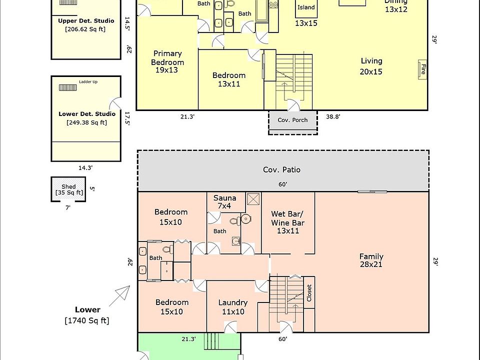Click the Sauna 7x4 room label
click(225, 202)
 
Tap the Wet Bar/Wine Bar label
click(287, 222)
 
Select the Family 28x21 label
click(371, 260)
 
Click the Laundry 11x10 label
click(233, 306)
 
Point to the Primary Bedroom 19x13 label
click(167, 61)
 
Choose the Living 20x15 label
click(371, 66)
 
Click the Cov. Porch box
click(292, 120)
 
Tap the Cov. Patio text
click(282, 169)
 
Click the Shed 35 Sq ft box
click(69, 189)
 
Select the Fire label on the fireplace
click(422, 69)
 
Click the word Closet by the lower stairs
click(309, 292)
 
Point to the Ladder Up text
click(88, 81)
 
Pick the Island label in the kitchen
click(306, 7)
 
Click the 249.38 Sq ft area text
click(86, 122)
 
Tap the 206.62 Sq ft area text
click(86, 29)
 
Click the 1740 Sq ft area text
click(87, 320)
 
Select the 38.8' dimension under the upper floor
click(333, 116)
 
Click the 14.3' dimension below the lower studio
click(85, 168)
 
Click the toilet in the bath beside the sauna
click(245, 219)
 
